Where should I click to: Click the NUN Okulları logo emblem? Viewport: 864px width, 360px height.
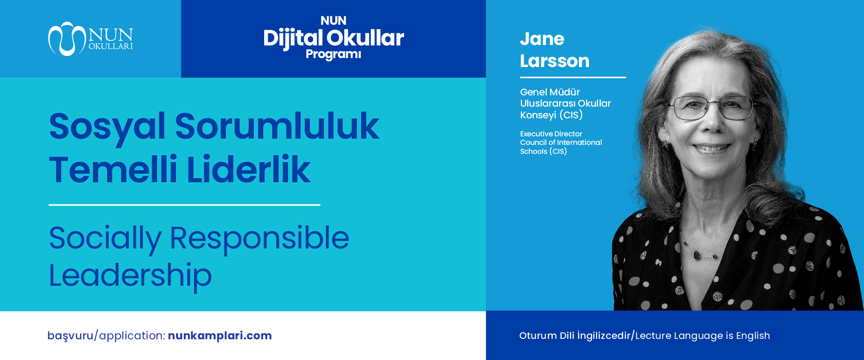[x=67, y=39]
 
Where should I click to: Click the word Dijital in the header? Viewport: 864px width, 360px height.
[x=293, y=38]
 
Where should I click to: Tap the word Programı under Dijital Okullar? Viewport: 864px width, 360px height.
[x=333, y=54]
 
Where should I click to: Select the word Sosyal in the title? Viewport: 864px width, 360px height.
[x=107, y=126]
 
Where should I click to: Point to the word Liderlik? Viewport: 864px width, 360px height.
[x=248, y=170]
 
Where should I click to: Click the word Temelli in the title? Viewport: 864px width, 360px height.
[x=113, y=170]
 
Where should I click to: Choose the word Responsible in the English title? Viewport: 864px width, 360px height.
[x=259, y=238]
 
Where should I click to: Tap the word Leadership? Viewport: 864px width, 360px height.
[x=130, y=275]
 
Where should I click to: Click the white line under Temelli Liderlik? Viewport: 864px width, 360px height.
[x=184, y=205]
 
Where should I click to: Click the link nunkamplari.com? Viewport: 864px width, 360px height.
[x=220, y=336]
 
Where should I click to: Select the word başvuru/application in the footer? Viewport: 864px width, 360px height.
[x=106, y=336]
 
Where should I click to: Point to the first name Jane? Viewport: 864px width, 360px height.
[x=542, y=39]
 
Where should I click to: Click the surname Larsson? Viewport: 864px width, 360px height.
[x=554, y=61]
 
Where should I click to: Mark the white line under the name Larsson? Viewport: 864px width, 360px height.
[x=573, y=77]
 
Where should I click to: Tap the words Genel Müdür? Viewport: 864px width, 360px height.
[x=550, y=92]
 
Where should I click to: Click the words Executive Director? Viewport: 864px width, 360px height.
[x=551, y=134]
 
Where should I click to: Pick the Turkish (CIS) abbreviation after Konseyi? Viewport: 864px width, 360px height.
[x=571, y=115]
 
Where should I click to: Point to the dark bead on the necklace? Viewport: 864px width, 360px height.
[x=697, y=256]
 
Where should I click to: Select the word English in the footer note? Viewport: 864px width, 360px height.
[x=753, y=336]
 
